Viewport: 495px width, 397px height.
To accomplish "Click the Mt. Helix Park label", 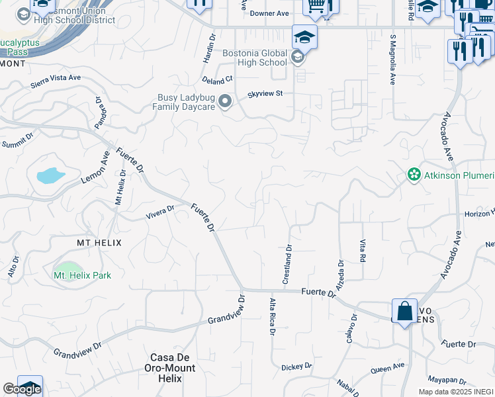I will (x=82, y=275).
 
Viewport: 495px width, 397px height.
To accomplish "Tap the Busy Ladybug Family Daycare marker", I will (x=226, y=102).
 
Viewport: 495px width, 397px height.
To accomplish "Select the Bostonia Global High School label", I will (x=255, y=58).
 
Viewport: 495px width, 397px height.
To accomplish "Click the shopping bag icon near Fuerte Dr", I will (x=404, y=311).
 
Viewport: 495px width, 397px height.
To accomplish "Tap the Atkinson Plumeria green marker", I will (x=414, y=175).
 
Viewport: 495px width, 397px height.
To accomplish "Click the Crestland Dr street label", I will (x=288, y=265).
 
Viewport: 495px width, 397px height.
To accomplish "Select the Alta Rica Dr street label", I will (x=272, y=316).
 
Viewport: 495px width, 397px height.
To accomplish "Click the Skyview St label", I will (x=265, y=94).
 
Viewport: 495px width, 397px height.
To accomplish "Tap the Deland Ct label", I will (x=218, y=79).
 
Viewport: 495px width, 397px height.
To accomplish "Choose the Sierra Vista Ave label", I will (x=56, y=81).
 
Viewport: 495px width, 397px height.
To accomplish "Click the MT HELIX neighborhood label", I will (x=99, y=243).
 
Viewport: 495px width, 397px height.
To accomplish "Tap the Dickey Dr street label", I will (x=296, y=367).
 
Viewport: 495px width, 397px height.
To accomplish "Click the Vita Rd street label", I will (x=363, y=251).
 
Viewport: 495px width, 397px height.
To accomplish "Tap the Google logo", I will (x=21, y=389).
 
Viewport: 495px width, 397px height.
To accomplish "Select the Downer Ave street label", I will (x=273, y=13).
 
